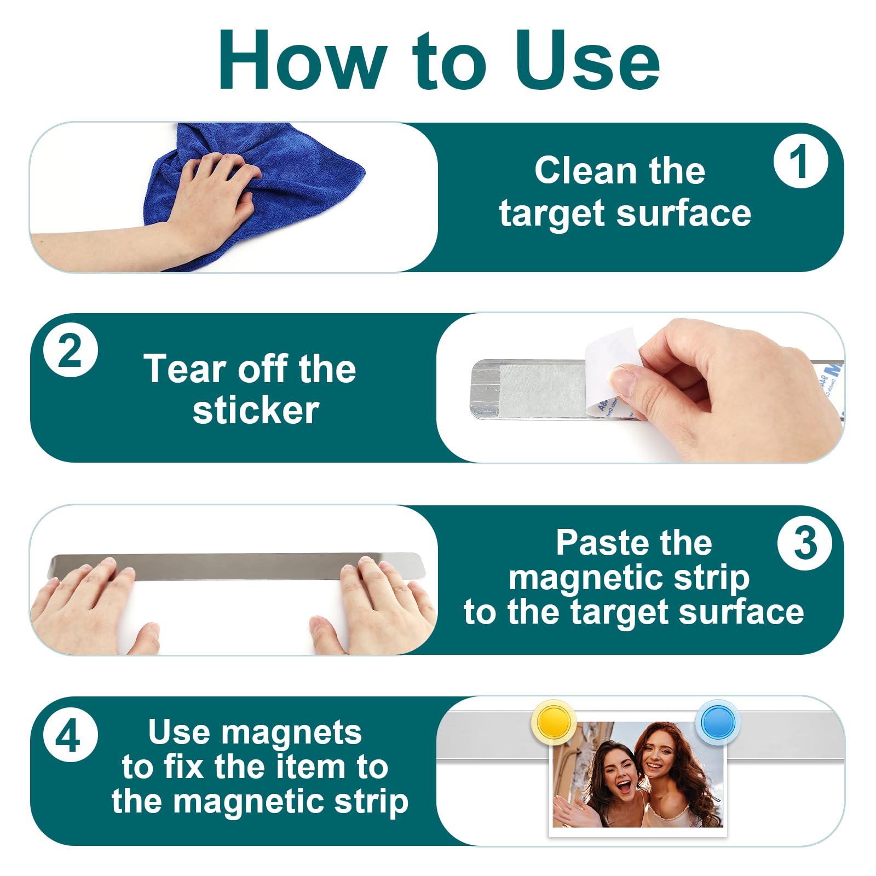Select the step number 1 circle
click(x=800, y=162)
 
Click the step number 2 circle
click(x=71, y=350)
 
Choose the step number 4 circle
click(x=70, y=735)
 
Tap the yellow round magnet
click(x=554, y=722)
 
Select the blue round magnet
click(x=718, y=722)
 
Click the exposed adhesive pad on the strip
click(x=542, y=389)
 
